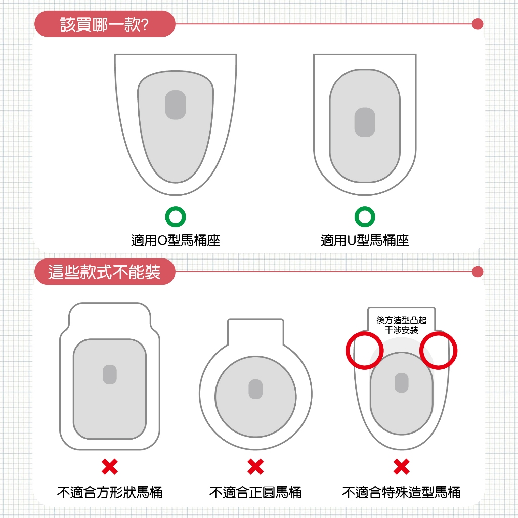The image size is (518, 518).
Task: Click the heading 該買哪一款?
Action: click(104, 24)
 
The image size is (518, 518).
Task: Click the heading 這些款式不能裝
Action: click(104, 272)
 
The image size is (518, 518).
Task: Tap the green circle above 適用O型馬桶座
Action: click(176, 217)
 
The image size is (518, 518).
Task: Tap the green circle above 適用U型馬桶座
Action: click(365, 217)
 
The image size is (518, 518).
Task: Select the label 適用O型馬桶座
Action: click(176, 240)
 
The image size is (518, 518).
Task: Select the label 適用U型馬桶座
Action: click(365, 240)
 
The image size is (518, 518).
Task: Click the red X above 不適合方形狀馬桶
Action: click(110, 466)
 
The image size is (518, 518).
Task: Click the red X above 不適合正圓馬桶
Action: click(255, 466)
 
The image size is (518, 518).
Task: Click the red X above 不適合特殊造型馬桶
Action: click(401, 466)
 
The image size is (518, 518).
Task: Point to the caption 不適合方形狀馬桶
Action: click(110, 492)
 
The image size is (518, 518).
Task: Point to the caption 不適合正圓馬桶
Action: click(255, 492)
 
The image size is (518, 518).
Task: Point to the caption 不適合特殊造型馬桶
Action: click(401, 492)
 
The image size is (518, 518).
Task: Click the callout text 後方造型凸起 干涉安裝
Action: click(401, 325)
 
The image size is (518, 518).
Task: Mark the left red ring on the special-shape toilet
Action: click(364, 350)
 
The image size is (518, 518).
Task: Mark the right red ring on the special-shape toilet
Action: click(439, 350)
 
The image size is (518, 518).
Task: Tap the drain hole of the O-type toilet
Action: click(176, 105)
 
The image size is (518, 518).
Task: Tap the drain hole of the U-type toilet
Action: click(365, 122)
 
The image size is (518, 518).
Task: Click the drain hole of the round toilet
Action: click(255, 389)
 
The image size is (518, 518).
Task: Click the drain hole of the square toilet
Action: click(110, 374)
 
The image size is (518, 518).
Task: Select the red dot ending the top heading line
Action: click(477, 24)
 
